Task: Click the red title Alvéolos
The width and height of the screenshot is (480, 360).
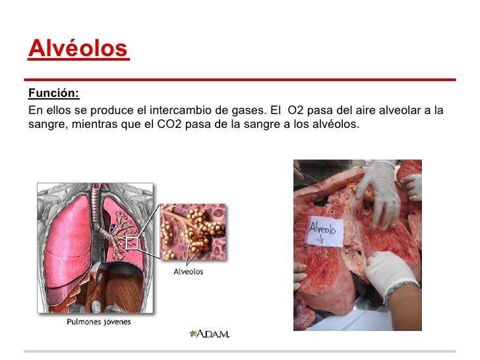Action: click(77, 48)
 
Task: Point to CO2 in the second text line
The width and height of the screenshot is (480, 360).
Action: click(171, 124)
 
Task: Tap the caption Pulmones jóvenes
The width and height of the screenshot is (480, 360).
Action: click(98, 322)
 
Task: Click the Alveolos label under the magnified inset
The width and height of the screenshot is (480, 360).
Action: click(188, 272)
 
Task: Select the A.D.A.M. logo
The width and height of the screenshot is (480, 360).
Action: click(209, 334)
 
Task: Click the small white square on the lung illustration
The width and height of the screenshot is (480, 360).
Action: click(132, 242)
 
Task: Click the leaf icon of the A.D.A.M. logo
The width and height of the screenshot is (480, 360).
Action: click(193, 334)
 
